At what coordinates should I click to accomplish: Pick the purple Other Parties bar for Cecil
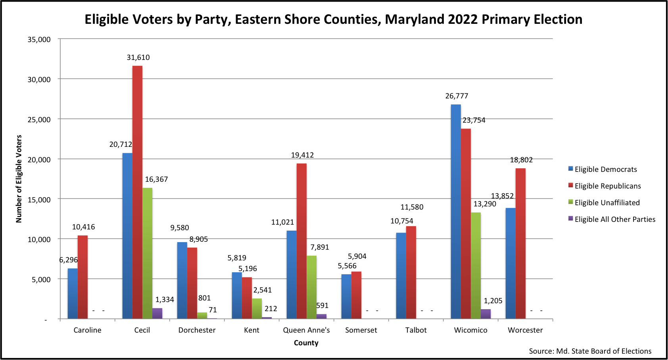[157, 314]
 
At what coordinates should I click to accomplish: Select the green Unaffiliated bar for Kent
[257, 308]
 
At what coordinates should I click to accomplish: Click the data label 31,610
[138, 58]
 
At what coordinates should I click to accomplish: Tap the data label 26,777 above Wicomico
[457, 96]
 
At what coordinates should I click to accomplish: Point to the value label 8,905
[198, 239]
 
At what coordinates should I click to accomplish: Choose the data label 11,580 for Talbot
[412, 207]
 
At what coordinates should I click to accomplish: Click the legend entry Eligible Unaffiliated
[607, 203]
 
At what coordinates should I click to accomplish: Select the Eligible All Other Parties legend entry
[614, 219]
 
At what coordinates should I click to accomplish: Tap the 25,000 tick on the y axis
[39, 119]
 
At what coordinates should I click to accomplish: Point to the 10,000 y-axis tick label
[39, 239]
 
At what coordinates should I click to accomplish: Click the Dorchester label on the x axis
[197, 330]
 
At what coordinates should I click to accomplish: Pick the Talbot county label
[416, 330]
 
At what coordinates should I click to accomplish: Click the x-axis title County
[306, 343]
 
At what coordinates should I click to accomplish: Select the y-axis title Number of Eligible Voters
[19, 179]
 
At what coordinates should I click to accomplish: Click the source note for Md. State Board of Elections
[590, 351]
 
